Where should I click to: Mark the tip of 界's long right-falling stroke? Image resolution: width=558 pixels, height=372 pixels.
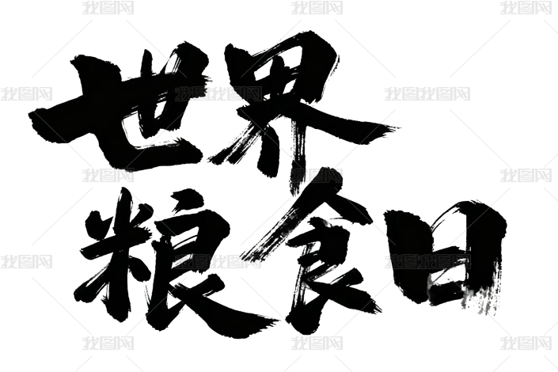399,127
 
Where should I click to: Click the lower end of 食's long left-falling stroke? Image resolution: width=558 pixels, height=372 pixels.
242,256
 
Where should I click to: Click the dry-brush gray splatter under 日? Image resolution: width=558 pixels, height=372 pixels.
480,299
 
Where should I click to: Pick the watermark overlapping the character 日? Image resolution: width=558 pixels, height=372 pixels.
427,262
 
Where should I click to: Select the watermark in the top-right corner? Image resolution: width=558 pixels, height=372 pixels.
526,7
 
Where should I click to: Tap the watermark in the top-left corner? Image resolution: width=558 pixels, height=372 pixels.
108,7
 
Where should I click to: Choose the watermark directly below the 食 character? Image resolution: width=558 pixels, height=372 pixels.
317,344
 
